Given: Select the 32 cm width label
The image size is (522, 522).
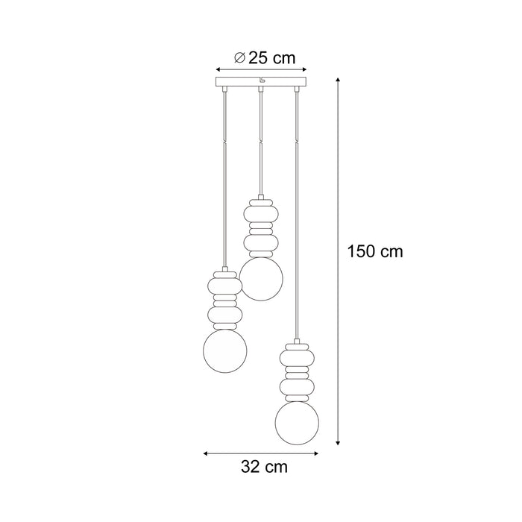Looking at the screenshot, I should click(264, 468).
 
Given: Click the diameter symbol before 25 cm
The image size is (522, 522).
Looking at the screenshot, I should click(239, 57).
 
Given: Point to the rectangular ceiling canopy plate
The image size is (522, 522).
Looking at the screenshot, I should click(261, 81).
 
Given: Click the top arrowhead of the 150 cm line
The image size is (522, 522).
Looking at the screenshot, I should click(340, 78).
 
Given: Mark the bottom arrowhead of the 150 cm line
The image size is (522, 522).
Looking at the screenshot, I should click(340, 442).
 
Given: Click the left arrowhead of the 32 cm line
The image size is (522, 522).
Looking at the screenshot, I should click(207, 452).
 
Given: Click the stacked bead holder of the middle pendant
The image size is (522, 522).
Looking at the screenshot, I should click(262, 224).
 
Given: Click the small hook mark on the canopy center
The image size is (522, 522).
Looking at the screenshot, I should click(261, 81).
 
